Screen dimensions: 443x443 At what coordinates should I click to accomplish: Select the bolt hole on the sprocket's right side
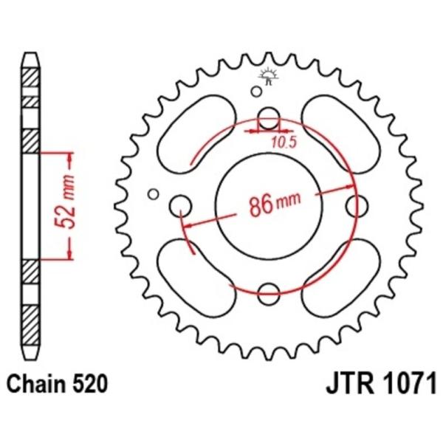point(361,205)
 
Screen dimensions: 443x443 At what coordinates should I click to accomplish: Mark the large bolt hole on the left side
point(180,205)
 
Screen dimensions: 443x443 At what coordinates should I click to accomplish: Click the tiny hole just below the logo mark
point(257,92)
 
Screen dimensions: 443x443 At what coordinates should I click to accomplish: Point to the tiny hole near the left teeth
point(154,194)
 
